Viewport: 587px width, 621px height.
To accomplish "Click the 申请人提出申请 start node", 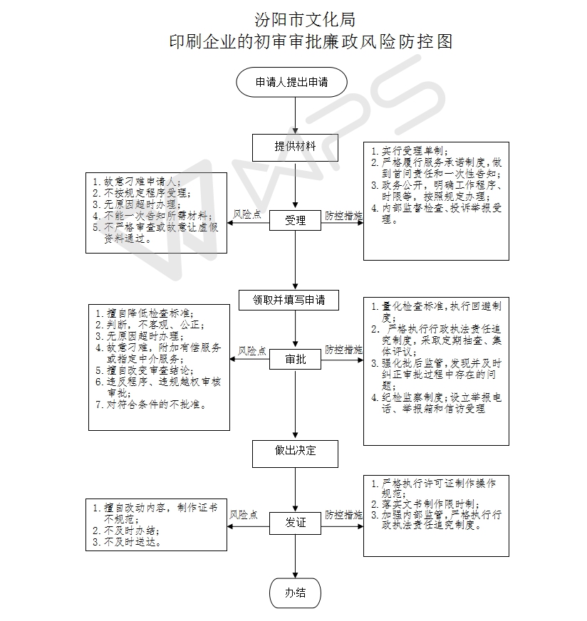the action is click(x=291, y=83).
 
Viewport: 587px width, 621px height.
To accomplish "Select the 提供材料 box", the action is click(x=295, y=147).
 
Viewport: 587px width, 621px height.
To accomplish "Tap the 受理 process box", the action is click(x=295, y=220).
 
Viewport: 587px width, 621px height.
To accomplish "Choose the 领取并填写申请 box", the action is click(x=289, y=301).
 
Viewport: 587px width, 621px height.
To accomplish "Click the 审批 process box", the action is click(x=295, y=359).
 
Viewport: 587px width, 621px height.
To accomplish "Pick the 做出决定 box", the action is click(x=295, y=454).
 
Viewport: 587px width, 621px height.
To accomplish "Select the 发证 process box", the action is click(x=295, y=523).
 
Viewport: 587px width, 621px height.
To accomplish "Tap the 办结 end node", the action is click(x=295, y=593).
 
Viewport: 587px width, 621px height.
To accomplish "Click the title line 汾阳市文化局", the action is click(x=305, y=20).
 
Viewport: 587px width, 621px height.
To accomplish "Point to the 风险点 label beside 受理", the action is click(x=246, y=214).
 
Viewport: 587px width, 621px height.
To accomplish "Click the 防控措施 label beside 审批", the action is click(x=344, y=350).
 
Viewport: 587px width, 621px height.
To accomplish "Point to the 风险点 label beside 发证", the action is click(x=244, y=515).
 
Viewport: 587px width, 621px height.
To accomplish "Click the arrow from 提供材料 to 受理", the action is click(x=295, y=185).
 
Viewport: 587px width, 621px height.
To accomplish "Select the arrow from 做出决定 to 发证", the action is click(x=295, y=490).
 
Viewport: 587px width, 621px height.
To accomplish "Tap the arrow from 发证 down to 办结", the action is click(x=295, y=556).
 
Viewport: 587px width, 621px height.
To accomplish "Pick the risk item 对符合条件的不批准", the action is click(x=151, y=405).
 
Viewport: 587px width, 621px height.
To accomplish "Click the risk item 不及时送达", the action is click(x=127, y=542).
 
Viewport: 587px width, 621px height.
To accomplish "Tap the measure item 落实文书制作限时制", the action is click(x=425, y=503).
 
